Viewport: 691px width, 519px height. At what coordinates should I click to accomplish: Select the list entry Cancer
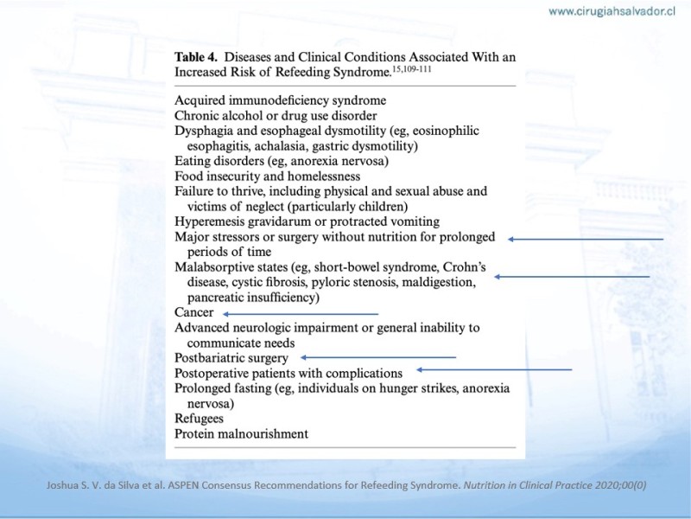coord(193,312)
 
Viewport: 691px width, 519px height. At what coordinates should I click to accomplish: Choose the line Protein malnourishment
coord(241,433)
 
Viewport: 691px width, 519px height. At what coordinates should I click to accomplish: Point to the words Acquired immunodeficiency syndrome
coord(280,100)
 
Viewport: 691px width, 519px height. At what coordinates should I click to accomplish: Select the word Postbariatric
coord(213,357)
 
